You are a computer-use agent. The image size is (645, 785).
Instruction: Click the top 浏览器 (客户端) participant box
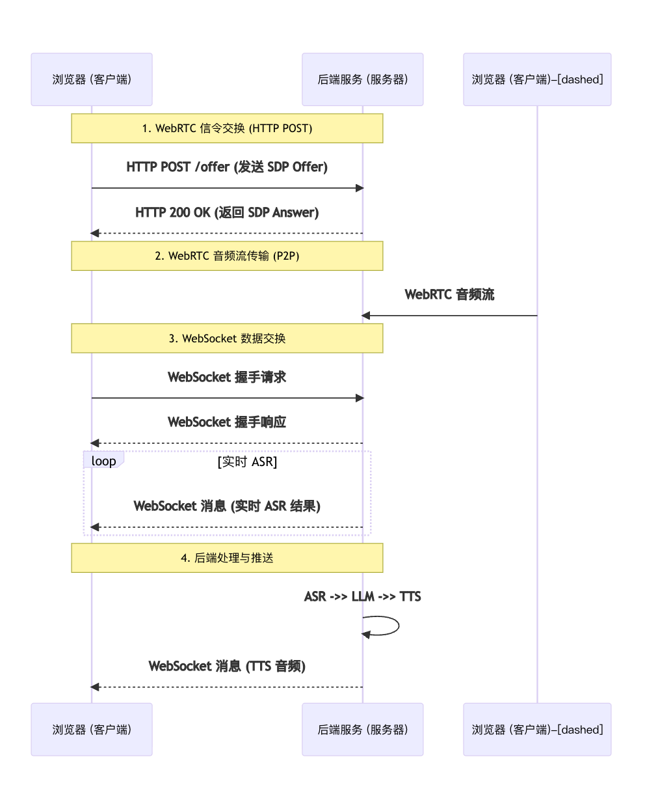92,79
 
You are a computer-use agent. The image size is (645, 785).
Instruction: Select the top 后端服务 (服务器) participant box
362,79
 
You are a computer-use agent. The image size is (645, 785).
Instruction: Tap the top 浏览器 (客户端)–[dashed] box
537,79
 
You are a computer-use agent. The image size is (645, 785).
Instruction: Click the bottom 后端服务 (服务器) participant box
362,729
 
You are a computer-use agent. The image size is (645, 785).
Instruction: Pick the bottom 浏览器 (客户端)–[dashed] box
537,729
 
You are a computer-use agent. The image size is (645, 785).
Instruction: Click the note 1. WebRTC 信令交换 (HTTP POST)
227,128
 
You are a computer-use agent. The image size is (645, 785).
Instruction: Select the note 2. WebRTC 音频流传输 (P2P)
227,256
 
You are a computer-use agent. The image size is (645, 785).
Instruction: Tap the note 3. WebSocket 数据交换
227,338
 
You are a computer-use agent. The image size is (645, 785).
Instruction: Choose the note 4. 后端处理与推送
227,558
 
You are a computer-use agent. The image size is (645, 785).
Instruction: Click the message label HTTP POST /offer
227,167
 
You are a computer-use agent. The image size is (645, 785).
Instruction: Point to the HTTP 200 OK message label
227,213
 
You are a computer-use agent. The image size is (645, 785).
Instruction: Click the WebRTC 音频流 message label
449,295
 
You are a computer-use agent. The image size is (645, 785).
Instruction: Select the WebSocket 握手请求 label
227,378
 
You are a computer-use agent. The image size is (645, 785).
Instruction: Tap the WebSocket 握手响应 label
227,422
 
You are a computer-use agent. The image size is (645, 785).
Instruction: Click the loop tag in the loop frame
103,461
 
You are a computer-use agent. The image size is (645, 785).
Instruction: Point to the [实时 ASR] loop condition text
247,462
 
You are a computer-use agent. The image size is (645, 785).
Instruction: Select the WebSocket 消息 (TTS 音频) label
227,667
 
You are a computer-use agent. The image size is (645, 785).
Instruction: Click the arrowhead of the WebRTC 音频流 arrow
366,316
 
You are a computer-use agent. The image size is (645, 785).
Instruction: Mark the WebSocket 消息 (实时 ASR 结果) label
227,506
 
